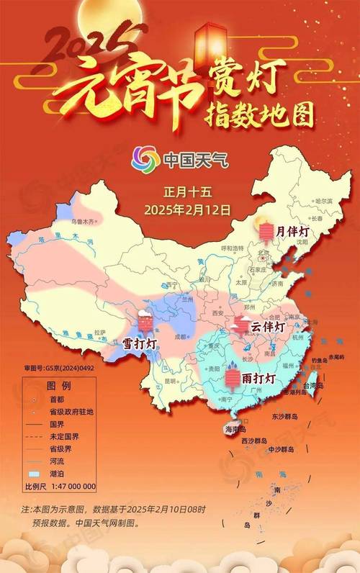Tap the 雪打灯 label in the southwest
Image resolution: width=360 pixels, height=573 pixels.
coord(140,343)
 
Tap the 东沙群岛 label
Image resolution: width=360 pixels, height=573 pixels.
coord(289,415)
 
